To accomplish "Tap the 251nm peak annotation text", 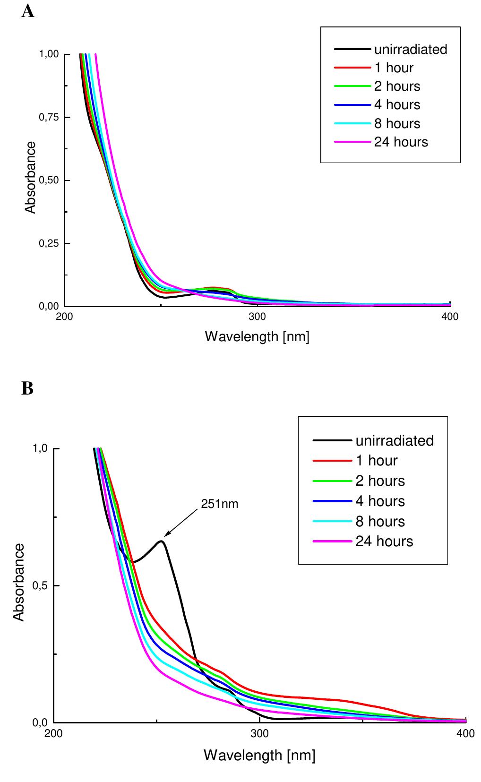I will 220,504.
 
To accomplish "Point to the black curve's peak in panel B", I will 162,541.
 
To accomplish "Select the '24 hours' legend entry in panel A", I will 401,142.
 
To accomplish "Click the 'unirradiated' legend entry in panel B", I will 394,440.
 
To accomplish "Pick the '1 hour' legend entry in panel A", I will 393,68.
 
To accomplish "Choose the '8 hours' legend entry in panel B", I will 380,521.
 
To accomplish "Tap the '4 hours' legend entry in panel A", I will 397,105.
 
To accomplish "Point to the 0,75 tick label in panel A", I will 49,117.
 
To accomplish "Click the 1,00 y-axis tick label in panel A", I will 49,54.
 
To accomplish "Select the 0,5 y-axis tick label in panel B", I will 40,586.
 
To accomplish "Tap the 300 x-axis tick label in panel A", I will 257,317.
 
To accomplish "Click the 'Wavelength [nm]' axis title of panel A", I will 257,337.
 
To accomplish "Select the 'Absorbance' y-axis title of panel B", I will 19,582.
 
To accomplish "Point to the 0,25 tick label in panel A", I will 49,243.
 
